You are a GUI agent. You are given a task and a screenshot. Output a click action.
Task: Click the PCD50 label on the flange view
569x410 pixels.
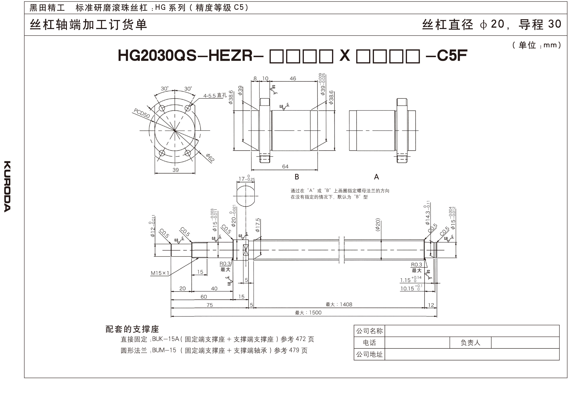pos(141,113)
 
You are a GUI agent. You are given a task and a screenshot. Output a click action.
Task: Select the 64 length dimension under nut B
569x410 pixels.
pos(285,167)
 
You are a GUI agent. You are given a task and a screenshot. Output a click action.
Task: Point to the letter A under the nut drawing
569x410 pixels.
pos(376,177)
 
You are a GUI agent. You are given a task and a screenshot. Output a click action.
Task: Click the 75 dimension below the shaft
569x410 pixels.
pos(209,305)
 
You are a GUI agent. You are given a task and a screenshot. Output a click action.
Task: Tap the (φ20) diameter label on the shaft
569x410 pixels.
pos(378,225)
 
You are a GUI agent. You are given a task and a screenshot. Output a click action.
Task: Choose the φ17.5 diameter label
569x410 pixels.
pos(258,225)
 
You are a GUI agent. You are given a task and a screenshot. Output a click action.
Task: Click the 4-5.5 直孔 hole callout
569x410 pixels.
pos(215,96)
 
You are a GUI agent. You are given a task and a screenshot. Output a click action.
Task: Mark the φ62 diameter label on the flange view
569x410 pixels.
pos(210,158)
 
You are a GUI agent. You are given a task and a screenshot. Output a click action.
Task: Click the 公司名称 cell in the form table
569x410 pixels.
pos(369,331)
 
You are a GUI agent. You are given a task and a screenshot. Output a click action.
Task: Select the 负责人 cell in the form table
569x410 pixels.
pos(470,342)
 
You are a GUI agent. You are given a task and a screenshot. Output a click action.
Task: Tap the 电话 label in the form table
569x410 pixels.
pos(369,342)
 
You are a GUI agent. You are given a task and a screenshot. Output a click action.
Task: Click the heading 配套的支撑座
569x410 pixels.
pos(132,329)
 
